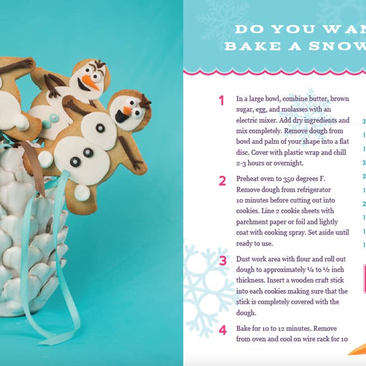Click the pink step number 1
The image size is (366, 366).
(222, 101)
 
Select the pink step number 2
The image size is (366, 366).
(222, 181)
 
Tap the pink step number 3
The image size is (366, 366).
(223, 261)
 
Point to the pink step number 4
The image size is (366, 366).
(223, 330)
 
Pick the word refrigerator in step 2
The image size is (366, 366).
(315, 190)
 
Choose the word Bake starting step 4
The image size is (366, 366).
(245, 329)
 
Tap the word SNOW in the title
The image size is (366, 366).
(342, 47)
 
